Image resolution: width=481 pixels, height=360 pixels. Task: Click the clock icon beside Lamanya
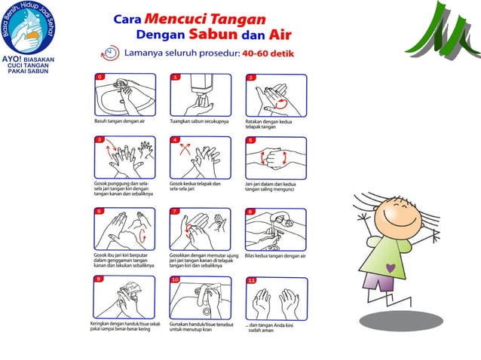pyautogui.click(x=111, y=54)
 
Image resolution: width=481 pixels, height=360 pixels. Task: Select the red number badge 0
pyautogui.click(x=99, y=77)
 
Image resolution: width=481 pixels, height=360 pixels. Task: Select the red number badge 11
pyautogui.click(x=251, y=281)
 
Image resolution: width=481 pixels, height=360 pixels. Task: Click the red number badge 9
pyautogui.click(x=99, y=279)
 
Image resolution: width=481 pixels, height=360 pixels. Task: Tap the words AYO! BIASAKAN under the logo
pyautogui.click(x=33, y=56)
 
